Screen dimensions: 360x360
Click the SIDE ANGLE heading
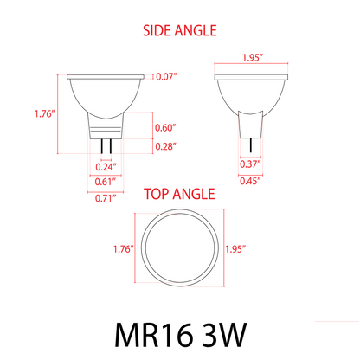[x=179, y=31]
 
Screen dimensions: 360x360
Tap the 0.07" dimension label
[x=167, y=77]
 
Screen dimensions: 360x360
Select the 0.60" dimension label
[x=165, y=128]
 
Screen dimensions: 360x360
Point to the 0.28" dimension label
[x=165, y=146]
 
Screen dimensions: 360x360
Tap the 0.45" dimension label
[x=251, y=182]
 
